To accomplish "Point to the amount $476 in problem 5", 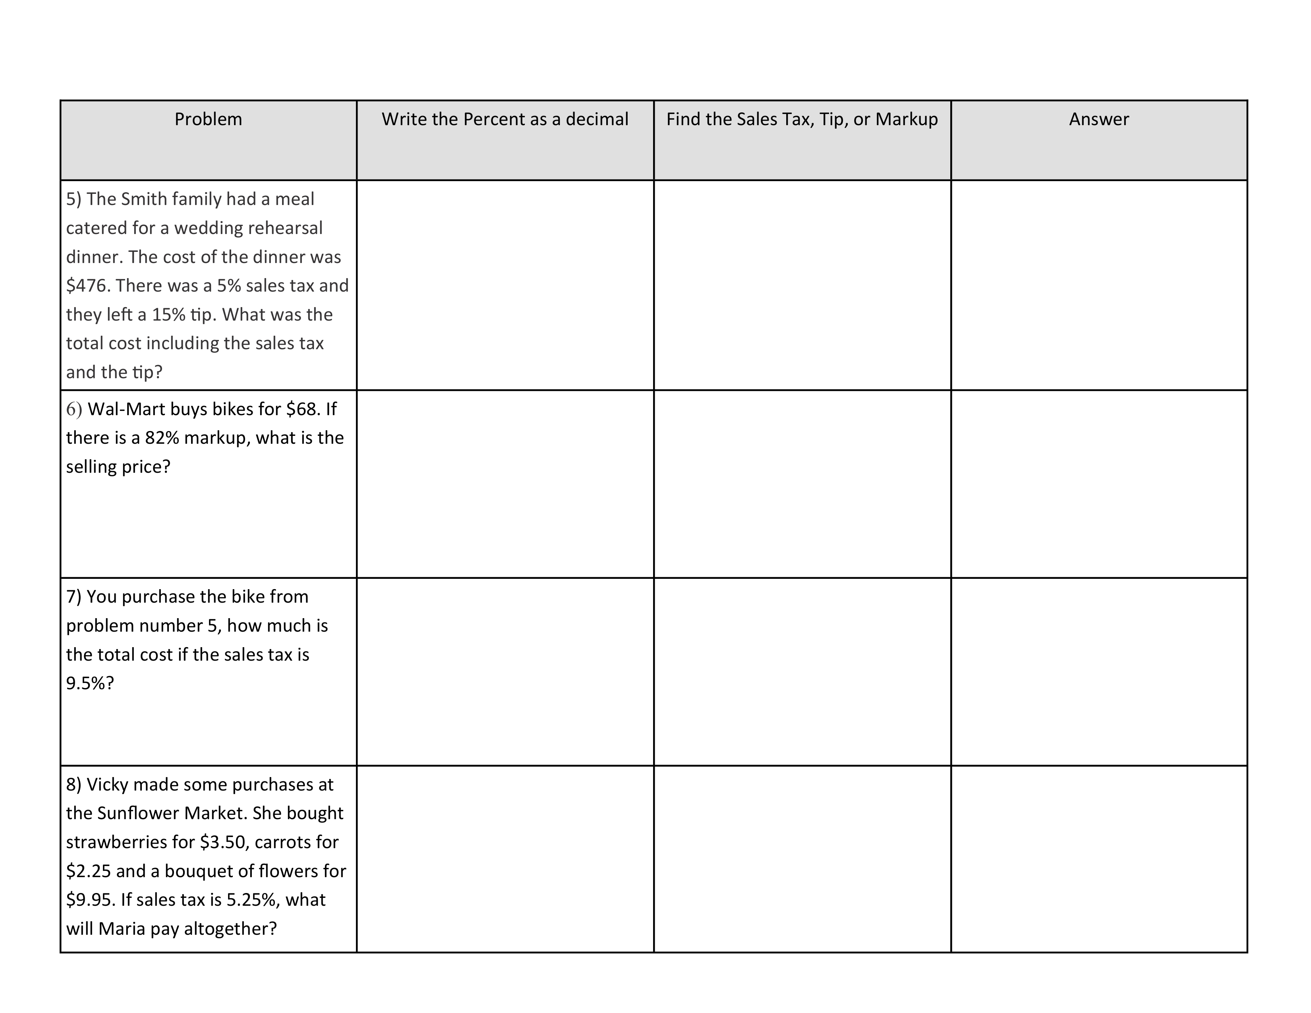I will tap(87, 286).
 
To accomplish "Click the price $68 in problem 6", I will tap(303, 409).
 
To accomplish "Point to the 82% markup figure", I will tap(162, 438).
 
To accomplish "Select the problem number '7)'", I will tap(74, 597).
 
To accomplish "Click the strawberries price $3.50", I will tap(223, 842).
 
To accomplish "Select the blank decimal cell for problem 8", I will tap(505, 859).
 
